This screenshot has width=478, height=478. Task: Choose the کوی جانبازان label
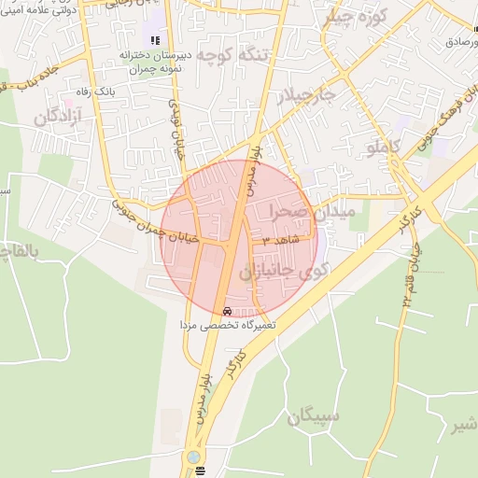tap(280, 272)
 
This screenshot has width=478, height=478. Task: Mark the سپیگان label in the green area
tap(314, 416)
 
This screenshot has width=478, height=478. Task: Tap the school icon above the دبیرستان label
tap(155, 40)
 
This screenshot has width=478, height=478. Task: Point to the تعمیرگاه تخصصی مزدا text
tap(230, 326)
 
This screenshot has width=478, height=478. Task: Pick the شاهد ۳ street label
tap(280, 241)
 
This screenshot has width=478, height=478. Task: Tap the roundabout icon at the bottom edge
tap(194, 457)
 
